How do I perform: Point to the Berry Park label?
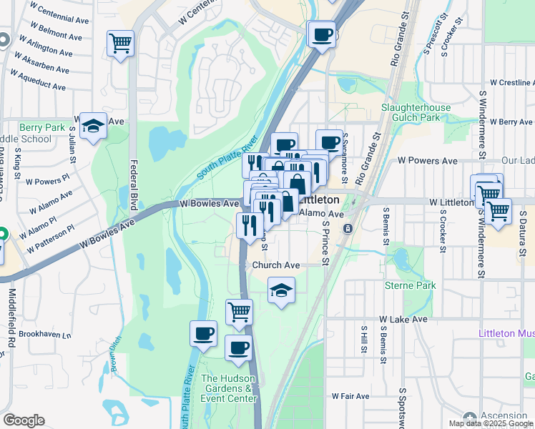pos(42,127)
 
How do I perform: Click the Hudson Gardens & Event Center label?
pos(229,389)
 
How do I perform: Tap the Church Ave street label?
pos(275,265)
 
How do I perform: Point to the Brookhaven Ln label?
pos(46,335)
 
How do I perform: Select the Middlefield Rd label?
pos(12,318)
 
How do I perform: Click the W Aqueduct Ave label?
pos(39,80)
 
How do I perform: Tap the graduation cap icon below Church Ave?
pos(282,290)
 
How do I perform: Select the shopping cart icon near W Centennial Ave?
pos(121,43)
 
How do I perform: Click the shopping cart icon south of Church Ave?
pos(239,312)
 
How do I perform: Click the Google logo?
pos(24,420)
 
